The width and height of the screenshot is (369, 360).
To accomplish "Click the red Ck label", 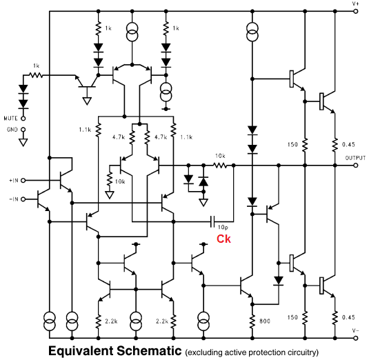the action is (x=223, y=239).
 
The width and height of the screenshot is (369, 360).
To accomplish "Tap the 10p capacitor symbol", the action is (x=212, y=221).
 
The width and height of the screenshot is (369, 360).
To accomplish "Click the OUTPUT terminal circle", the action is (x=356, y=166).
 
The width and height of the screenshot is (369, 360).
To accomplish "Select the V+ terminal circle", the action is (x=356, y=11).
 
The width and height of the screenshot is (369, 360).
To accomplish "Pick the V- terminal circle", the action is (x=356, y=338).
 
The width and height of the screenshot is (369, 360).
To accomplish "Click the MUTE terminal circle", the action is (x=23, y=119).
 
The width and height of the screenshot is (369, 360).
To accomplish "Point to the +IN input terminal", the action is (x=23, y=181).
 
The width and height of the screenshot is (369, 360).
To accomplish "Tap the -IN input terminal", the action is (x=23, y=199).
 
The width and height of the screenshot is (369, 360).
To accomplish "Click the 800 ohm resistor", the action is (x=252, y=321).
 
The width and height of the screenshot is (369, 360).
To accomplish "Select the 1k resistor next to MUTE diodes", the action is (x=36, y=75).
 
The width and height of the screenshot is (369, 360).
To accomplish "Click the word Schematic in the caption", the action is (x=149, y=350).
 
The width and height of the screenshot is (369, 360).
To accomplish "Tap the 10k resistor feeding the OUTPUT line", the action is (x=220, y=166).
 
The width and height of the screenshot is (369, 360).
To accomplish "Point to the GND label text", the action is (x=12, y=130).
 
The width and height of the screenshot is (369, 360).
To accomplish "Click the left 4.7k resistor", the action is (x=132, y=138).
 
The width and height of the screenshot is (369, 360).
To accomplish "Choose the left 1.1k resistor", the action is (x=99, y=130).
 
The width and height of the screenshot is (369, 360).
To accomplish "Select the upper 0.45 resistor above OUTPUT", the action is (x=335, y=145).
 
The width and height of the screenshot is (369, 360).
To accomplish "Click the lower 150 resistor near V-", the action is (x=305, y=318).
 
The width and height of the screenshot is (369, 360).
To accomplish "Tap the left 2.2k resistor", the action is (x=99, y=321).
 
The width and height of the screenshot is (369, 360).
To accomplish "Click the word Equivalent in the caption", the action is (x=81, y=351).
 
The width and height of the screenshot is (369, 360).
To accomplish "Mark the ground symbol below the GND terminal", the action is (x=23, y=143).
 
